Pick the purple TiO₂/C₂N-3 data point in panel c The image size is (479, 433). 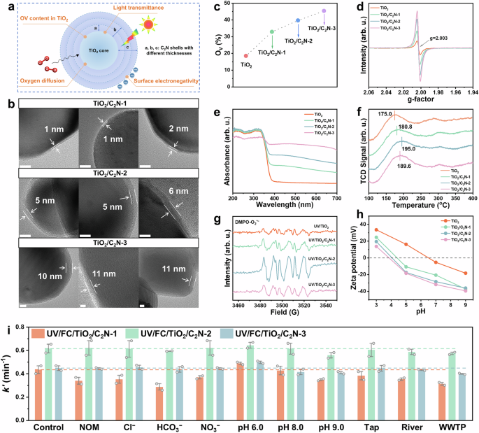pos(324,11)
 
